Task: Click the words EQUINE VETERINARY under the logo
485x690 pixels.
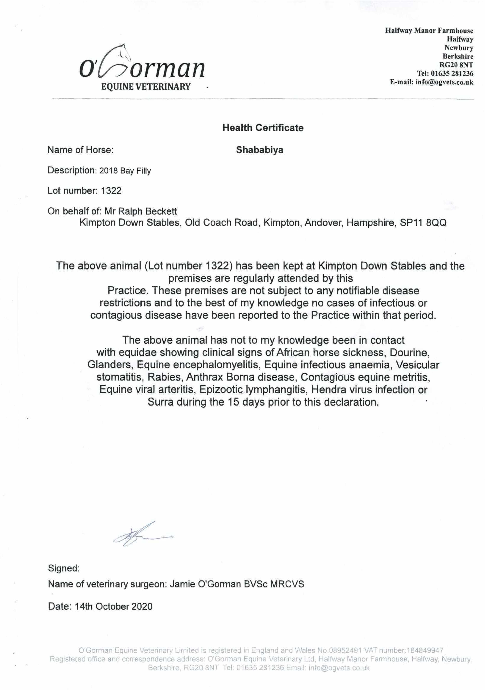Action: (146, 87)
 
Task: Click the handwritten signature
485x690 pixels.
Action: (141, 537)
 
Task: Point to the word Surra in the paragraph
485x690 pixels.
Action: (160, 402)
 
